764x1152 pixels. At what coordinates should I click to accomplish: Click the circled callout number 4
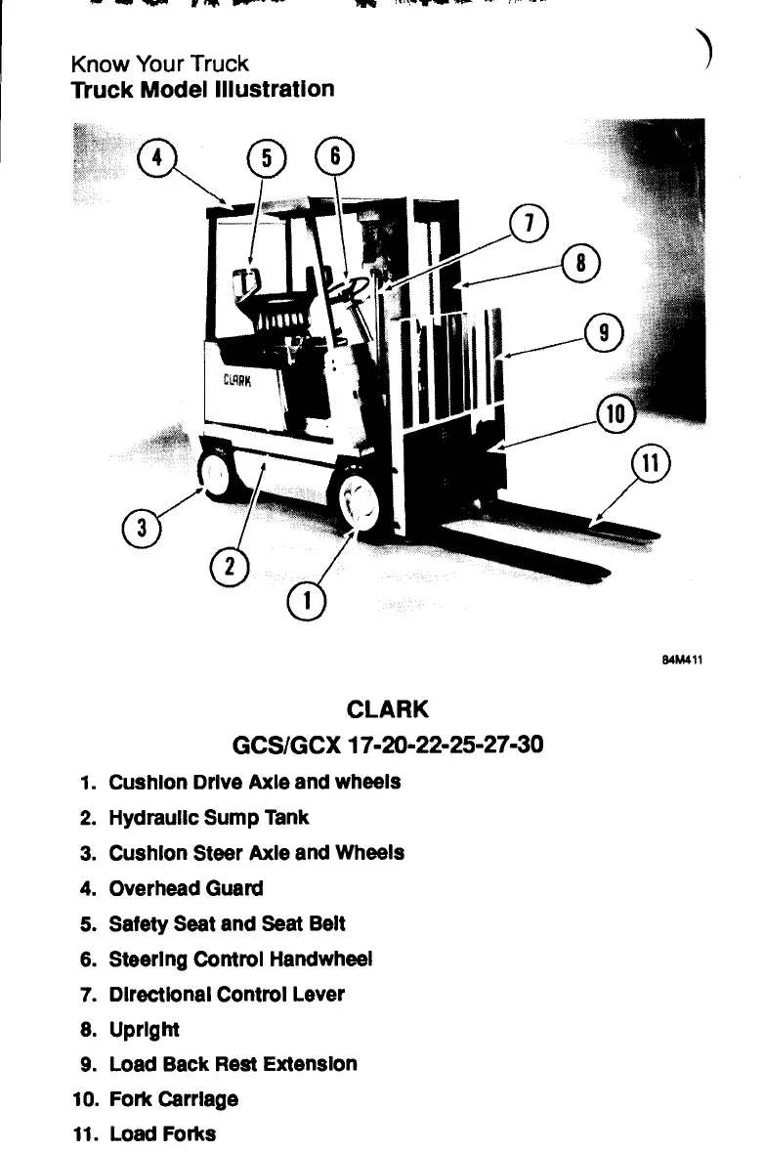coord(156,155)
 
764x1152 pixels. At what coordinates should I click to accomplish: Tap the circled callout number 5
coord(266,156)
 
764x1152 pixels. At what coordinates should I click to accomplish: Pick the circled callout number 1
coord(309,601)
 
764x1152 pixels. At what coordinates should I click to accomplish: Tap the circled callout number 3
coord(144,530)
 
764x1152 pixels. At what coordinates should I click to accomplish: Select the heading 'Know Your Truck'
coord(160,64)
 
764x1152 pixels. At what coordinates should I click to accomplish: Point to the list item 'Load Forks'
coord(162,1133)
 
